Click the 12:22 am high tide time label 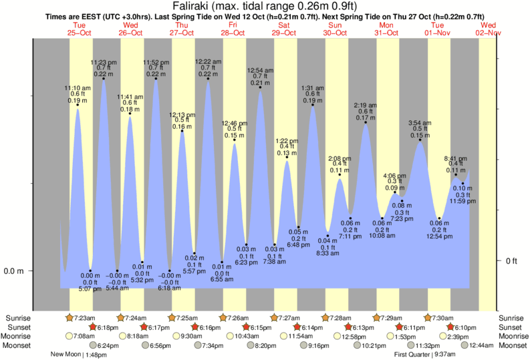tap(208, 61)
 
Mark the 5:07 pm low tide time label tap(90, 289)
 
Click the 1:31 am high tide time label tap(313, 87)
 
